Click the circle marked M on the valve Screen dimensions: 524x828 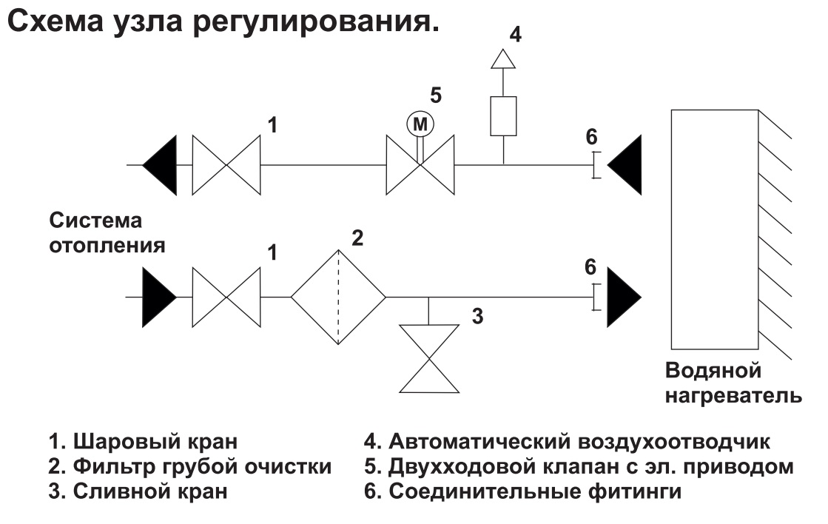[420, 124]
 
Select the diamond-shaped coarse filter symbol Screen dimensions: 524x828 [338, 298]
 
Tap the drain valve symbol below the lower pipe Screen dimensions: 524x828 [430, 357]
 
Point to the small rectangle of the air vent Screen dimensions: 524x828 [503, 115]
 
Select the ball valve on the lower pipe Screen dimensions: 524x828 [226, 298]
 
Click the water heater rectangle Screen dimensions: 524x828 [715, 229]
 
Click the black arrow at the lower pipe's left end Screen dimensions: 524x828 [158, 298]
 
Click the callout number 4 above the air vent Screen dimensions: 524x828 [516, 34]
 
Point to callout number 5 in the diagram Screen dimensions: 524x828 [437, 95]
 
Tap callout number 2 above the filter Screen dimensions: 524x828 [357, 238]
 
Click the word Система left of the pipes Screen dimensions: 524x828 [95, 221]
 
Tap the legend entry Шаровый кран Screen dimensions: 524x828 [144, 443]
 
